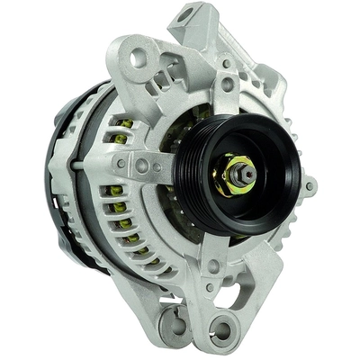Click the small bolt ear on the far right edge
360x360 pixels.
pyautogui.click(x=310, y=187)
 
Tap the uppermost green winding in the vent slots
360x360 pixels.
pyautogui.click(x=126, y=123)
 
